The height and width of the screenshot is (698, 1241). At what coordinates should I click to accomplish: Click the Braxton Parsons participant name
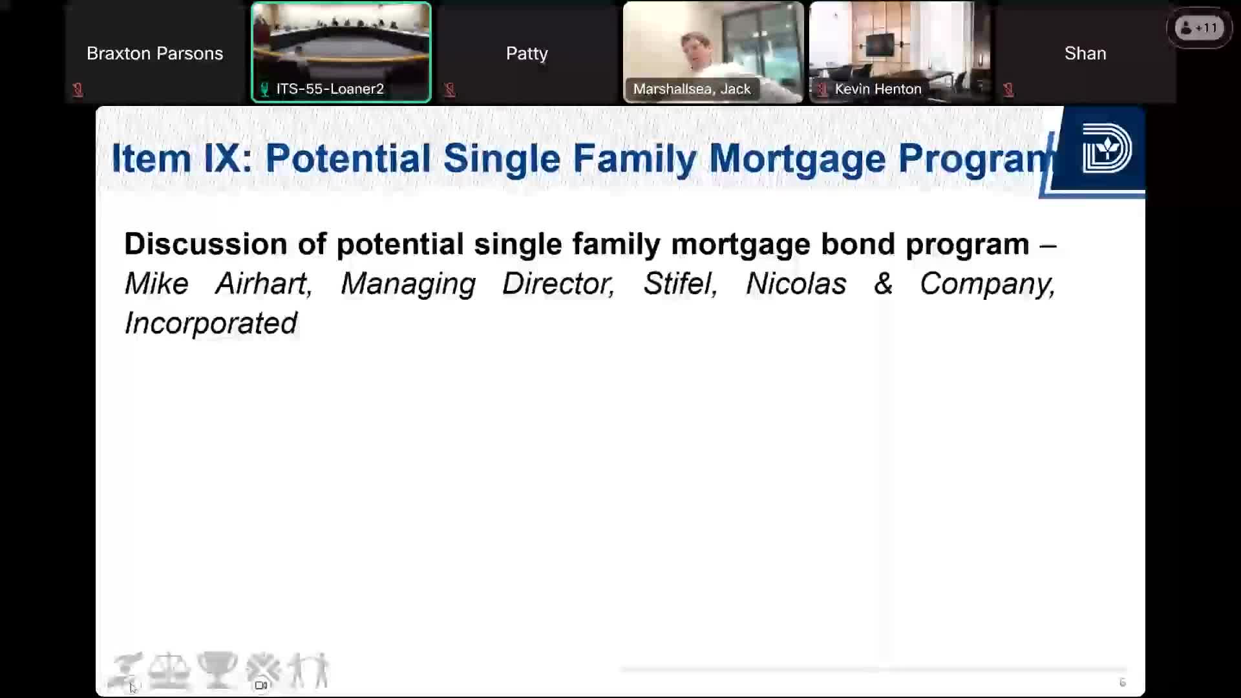click(x=154, y=53)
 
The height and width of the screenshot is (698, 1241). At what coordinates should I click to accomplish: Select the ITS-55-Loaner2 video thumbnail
click(x=341, y=52)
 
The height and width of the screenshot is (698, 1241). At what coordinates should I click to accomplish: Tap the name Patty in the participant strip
click(x=527, y=53)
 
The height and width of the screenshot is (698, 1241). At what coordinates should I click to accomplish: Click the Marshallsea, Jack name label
click(x=692, y=89)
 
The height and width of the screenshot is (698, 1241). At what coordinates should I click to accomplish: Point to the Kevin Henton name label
click(x=878, y=89)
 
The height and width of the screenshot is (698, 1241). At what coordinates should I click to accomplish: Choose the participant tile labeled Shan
click(x=1085, y=52)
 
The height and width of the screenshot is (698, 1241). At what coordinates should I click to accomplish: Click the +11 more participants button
click(x=1200, y=28)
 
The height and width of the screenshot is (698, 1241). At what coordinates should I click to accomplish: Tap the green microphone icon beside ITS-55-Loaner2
click(x=264, y=89)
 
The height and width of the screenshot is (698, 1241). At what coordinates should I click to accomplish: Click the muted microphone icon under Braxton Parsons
click(x=78, y=90)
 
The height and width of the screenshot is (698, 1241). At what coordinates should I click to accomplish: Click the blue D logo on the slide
click(x=1107, y=148)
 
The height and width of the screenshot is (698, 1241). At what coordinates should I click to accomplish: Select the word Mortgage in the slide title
click(x=798, y=158)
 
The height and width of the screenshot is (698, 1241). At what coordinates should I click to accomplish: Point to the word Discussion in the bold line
click(x=206, y=244)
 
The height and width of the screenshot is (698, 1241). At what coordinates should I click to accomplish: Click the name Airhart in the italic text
click(x=264, y=284)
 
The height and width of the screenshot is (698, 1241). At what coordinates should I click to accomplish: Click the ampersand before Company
click(x=883, y=284)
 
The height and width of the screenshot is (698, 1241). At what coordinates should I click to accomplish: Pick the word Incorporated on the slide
click(x=211, y=323)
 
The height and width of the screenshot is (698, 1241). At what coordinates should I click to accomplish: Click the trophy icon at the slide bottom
click(x=217, y=670)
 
